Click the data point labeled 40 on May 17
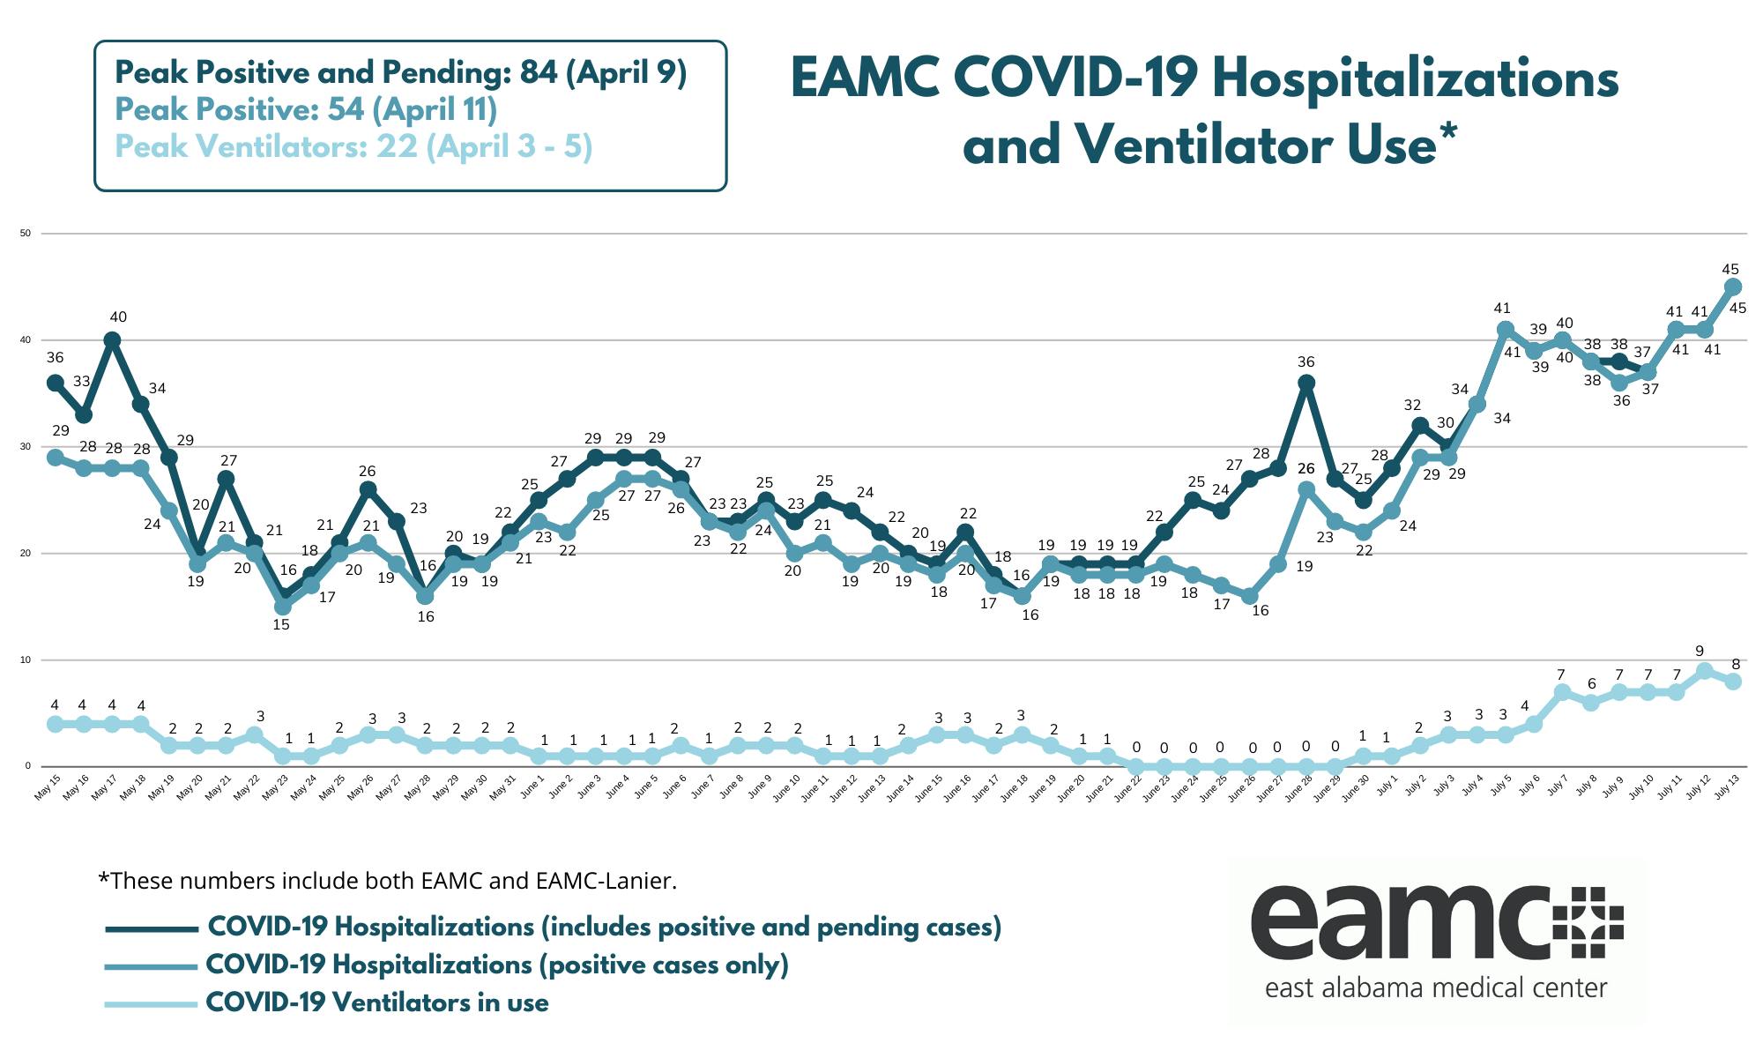(112, 339)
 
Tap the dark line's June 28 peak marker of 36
(1306, 383)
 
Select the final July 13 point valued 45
(1732, 287)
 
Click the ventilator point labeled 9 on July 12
(1704, 671)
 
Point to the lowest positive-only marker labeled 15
(282, 607)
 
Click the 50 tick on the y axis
(26, 234)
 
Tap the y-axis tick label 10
(26, 660)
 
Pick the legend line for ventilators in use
(151, 1004)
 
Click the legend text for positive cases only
(496, 965)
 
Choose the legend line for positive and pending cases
(151, 928)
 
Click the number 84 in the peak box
(538, 73)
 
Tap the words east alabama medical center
(1436, 987)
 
